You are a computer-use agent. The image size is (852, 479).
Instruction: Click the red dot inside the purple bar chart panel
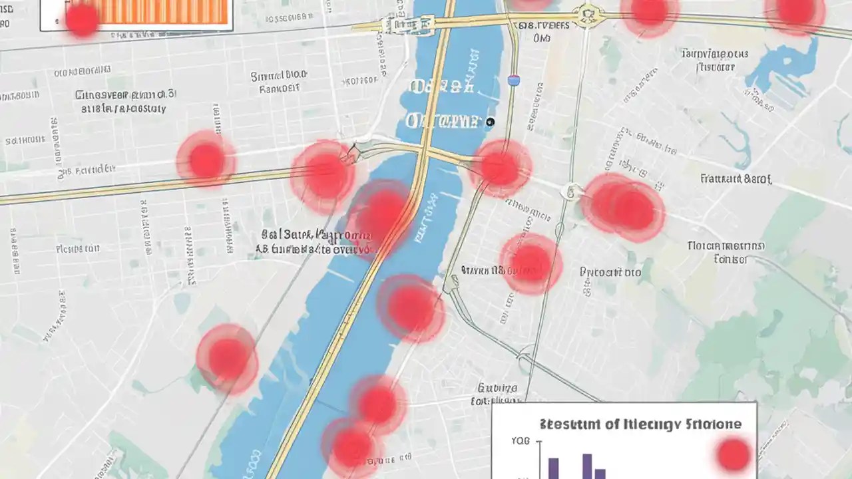pos(734,455)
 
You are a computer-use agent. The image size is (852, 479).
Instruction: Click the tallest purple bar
pos(587,466)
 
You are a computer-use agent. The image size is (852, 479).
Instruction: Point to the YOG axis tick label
pos(521,441)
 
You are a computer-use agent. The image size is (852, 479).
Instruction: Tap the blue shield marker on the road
pos(513,80)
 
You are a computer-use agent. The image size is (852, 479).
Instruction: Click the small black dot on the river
pos(491,122)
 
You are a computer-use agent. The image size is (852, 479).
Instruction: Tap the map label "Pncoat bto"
pos(610,272)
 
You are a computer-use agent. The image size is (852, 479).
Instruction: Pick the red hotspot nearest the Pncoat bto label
pos(531,263)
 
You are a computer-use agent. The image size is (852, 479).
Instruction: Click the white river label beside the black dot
pos(442,121)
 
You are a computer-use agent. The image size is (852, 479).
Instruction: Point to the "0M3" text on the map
pos(542,39)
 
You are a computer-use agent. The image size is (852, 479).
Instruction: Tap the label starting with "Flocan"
pos(726,246)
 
